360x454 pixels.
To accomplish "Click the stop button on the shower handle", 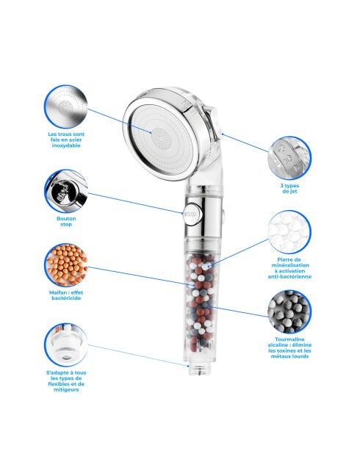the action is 190,215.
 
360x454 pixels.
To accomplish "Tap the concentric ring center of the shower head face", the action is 161,137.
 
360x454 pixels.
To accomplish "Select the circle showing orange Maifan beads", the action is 66,265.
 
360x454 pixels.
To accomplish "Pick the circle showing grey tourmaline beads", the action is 289,311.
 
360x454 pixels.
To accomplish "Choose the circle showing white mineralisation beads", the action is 289,232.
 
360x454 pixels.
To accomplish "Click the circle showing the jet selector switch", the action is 289,158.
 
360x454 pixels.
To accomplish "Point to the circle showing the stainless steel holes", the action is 66,107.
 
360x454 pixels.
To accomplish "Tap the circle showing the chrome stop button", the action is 66,191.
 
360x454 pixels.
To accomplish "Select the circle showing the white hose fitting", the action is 66,345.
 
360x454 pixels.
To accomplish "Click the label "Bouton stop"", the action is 66,222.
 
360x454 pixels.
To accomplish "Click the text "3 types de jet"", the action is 289,189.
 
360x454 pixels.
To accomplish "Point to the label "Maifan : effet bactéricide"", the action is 66,295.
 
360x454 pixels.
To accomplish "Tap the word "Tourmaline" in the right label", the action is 289,339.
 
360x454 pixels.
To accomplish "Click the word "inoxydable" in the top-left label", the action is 66,145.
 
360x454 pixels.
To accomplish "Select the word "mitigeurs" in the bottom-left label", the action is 66,390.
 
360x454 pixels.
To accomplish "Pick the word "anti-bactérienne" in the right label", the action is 289,276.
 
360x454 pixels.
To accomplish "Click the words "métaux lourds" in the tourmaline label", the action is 289,356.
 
